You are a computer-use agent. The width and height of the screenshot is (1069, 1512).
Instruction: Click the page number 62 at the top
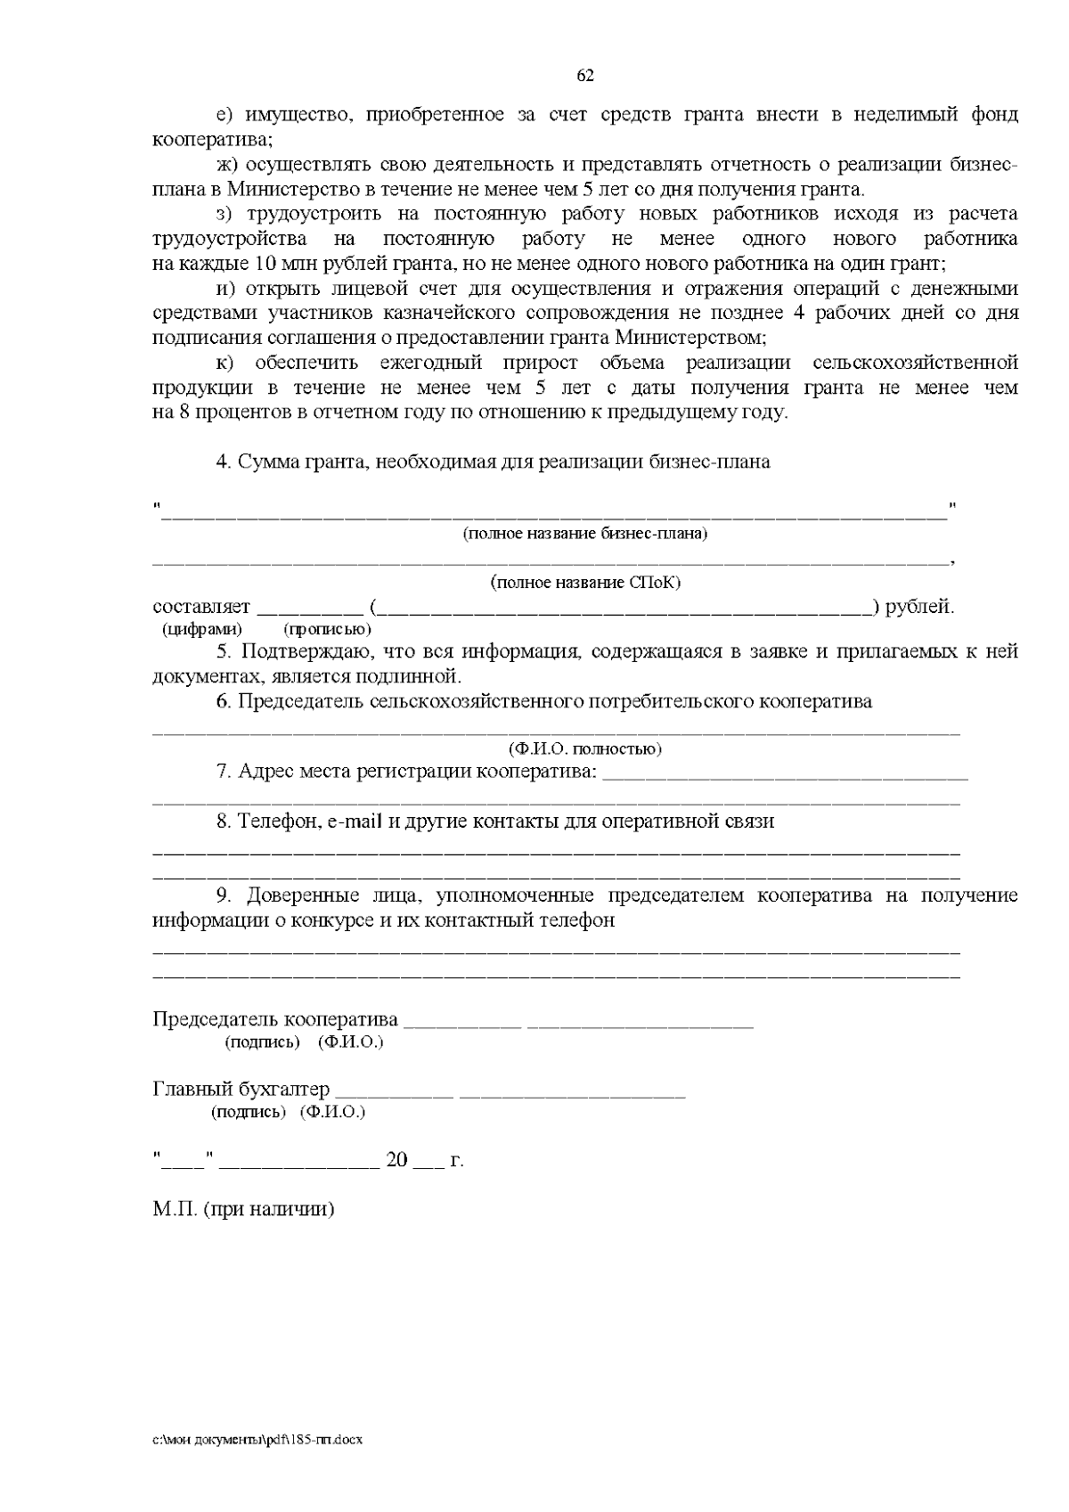pyautogui.click(x=585, y=76)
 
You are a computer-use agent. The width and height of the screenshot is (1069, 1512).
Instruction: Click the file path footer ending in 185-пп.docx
pyautogui.click(x=258, y=1439)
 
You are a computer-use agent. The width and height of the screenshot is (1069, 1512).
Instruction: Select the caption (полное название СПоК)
pyautogui.click(x=585, y=583)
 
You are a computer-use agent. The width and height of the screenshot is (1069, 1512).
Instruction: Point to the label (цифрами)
pyautogui.click(x=202, y=629)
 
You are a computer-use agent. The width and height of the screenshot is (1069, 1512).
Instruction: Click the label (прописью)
pyautogui.click(x=314, y=629)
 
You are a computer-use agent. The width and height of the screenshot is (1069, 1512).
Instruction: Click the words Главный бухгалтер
pyautogui.click(x=241, y=1090)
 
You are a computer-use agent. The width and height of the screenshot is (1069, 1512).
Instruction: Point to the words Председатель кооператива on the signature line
pyautogui.click(x=275, y=1019)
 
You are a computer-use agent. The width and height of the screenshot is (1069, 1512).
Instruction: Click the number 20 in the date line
pyautogui.click(x=396, y=1160)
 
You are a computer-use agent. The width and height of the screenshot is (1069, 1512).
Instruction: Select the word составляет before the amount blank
pyautogui.click(x=202, y=608)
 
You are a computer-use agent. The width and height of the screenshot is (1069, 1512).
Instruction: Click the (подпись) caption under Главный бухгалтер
pyautogui.click(x=249, y=1112)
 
